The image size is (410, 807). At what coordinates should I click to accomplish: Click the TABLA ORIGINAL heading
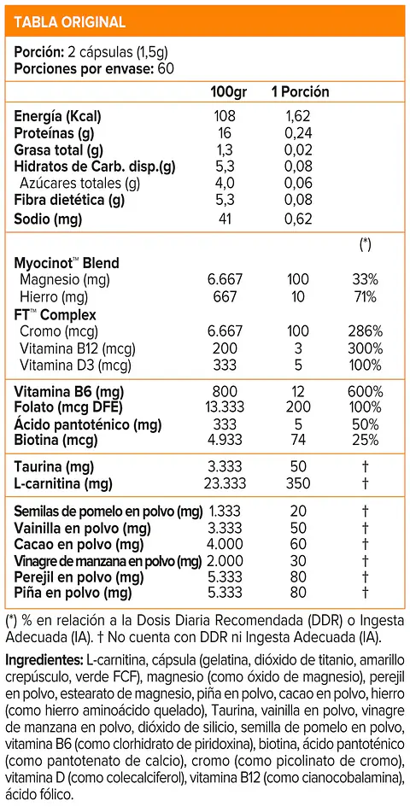(x=69, y=22)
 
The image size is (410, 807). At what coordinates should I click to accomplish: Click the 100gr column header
(x=227, y=92)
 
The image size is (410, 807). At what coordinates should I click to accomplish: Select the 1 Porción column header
(x=300, y=92)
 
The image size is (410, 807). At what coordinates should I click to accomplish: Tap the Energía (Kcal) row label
(x=57, y=116)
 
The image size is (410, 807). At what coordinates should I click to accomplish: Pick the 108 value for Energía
(x=224, y=116)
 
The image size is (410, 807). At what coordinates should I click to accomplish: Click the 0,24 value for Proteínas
(x=299, y=133)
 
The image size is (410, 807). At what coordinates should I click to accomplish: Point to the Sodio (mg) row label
(x=49, y=219)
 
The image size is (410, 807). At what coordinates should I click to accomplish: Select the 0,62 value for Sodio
(x=299, y=219)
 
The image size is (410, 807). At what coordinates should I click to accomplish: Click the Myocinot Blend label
(x=67, y=262)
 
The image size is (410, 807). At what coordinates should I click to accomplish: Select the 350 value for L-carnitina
(x=299, y=483)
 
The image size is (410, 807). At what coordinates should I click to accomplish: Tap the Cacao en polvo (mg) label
(x=72, y=544)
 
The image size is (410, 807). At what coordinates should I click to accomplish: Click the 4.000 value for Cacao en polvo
(x=224, y=544)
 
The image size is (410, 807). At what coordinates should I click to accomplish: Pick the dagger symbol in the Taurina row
(x=366, y=467)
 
